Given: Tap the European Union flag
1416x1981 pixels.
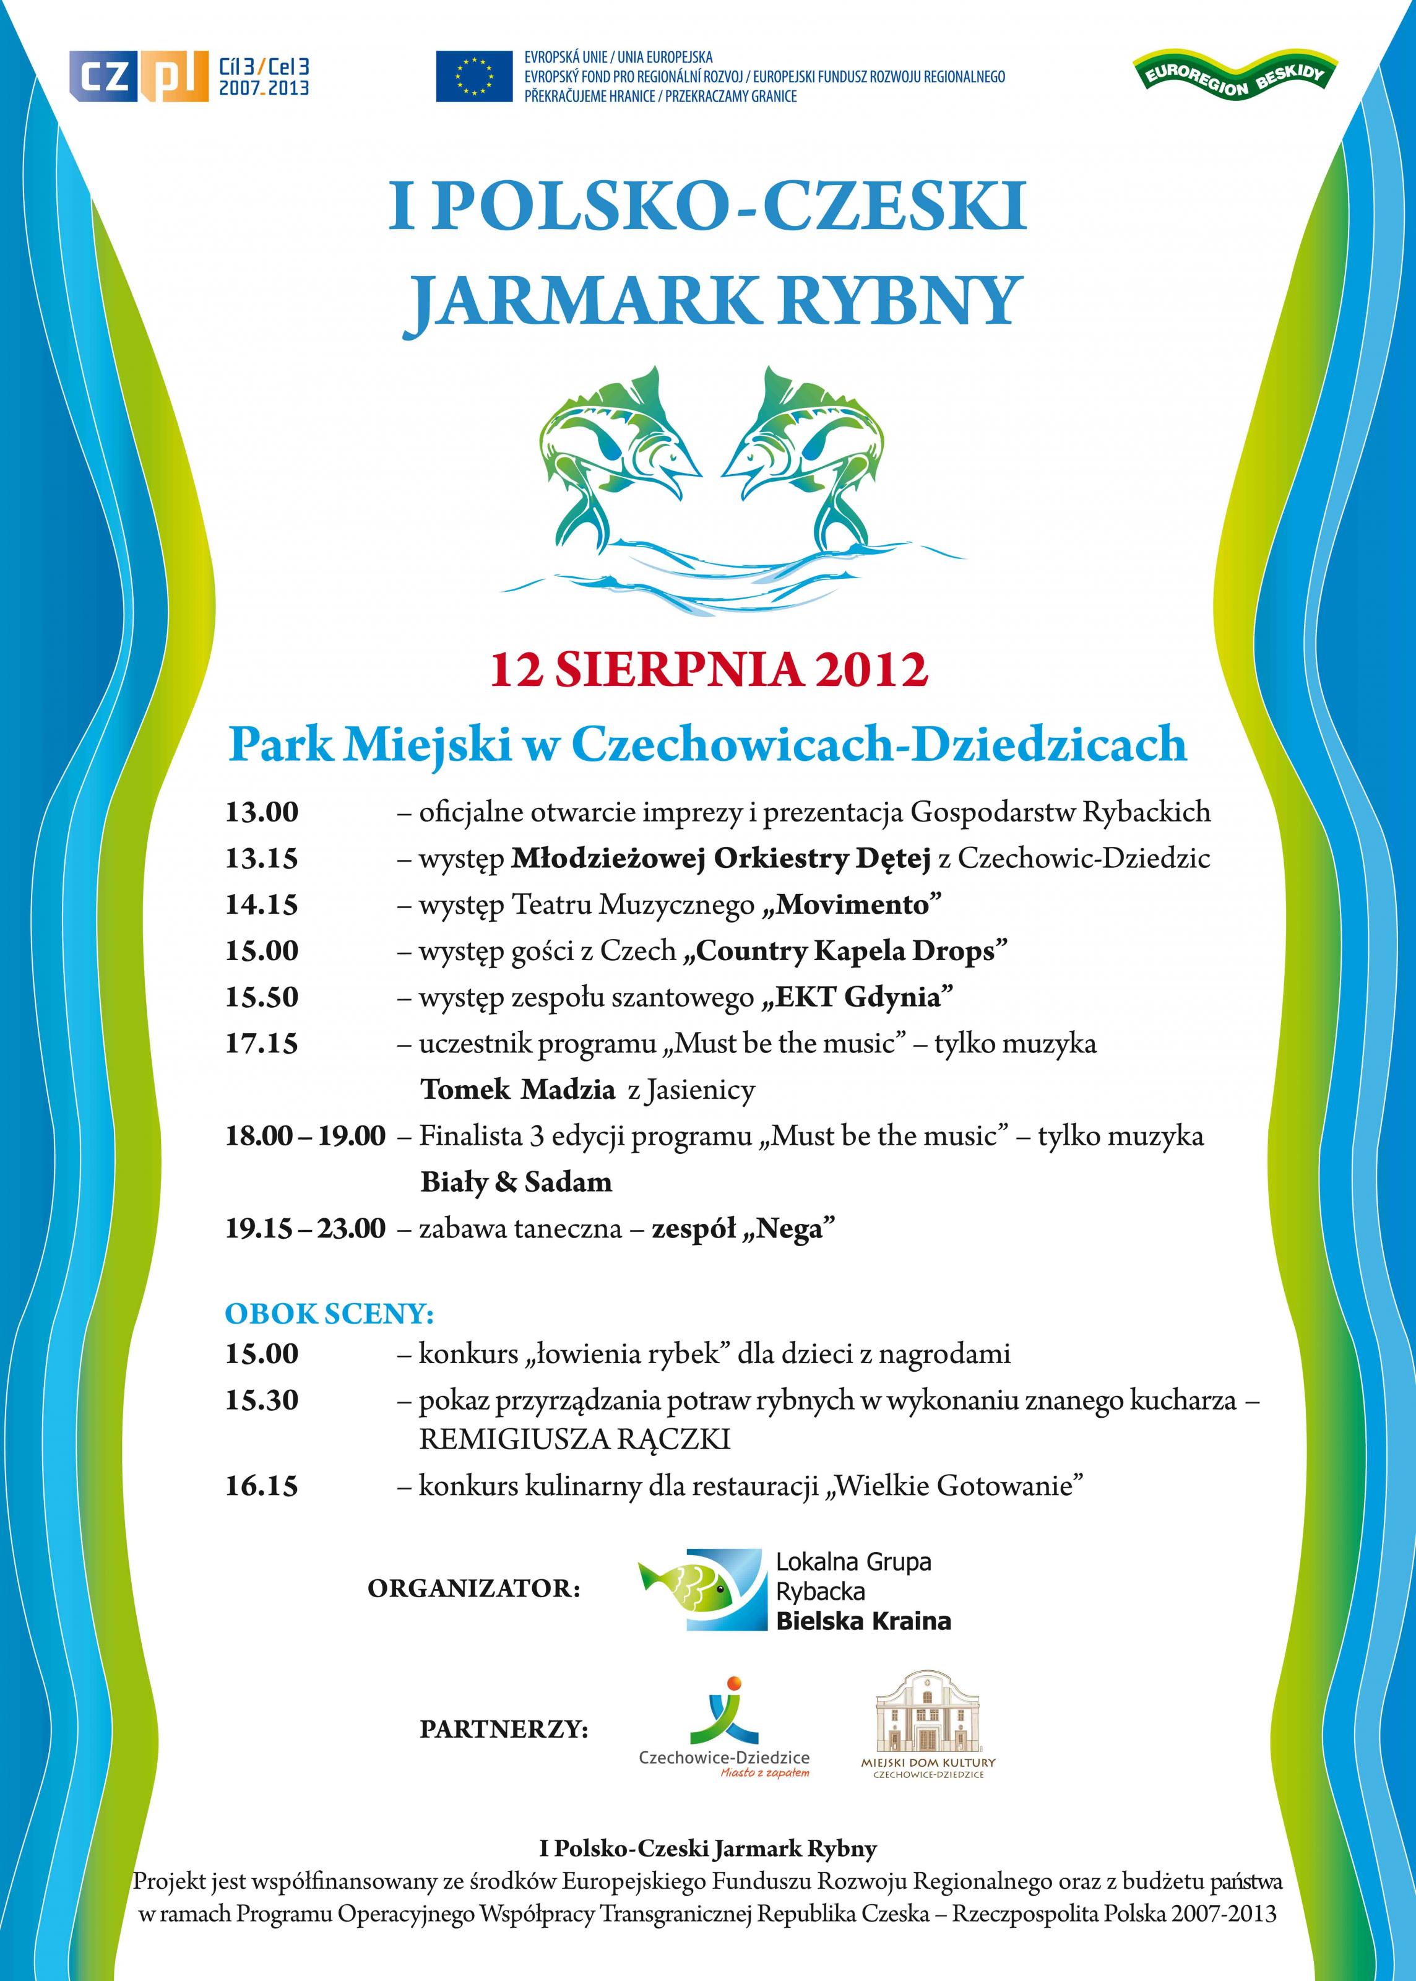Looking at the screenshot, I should pos(473,76).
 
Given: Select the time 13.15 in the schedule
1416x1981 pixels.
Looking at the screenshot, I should pos(262,859).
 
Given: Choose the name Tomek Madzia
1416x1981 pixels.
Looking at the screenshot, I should pos(518,1090).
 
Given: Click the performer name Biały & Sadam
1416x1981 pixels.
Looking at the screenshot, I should pos(516,1182).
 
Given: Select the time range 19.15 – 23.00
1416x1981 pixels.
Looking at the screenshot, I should pos(305,1229).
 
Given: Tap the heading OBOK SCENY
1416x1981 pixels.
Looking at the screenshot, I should pos(330,1314).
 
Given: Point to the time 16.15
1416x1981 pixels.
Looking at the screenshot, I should pos(262,1486).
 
